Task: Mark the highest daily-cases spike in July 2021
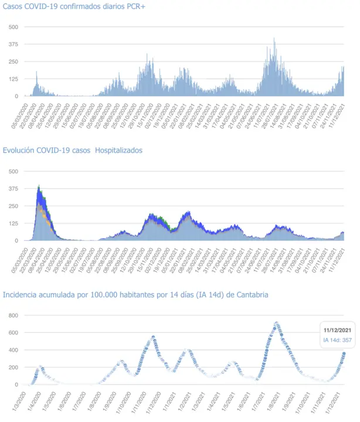(274, 39)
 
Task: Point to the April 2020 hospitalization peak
(39, 187)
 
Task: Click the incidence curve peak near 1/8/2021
(276, 323)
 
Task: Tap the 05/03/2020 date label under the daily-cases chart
(19, 114)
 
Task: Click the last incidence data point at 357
(344, 353)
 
